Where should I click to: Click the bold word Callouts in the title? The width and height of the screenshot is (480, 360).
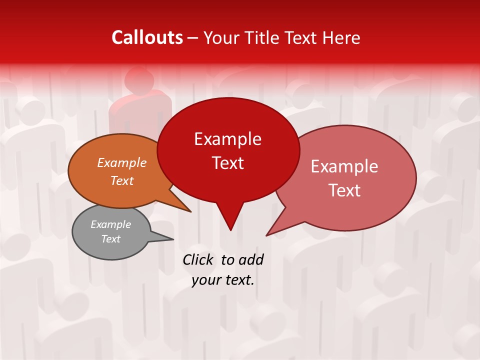tap(147, 37)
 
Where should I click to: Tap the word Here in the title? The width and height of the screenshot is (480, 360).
tap(341, 38)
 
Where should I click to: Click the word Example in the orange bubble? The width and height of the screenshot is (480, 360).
tap(121, 163)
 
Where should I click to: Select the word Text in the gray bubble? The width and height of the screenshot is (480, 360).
tap(110, 239)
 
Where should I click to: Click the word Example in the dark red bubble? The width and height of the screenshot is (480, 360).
tap(227, 139)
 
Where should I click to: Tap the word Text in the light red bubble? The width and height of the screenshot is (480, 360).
tap(344, 190)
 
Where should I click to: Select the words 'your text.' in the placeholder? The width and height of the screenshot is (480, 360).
tap(223, 280)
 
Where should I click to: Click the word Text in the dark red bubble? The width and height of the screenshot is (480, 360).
tap(227, 163)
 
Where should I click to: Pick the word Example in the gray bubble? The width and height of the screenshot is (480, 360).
tap(110, 224)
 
